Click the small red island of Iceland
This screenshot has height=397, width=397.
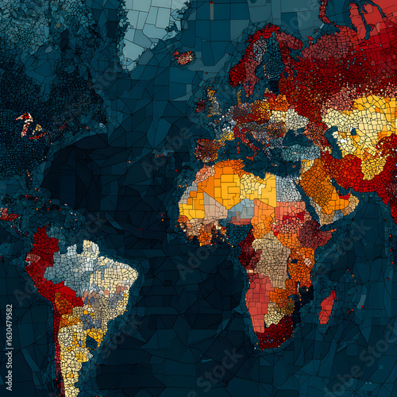[x=184, y=57]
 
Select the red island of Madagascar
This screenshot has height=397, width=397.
[x=327, y=306]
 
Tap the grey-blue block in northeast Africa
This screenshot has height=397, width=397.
[x=287, y=188]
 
